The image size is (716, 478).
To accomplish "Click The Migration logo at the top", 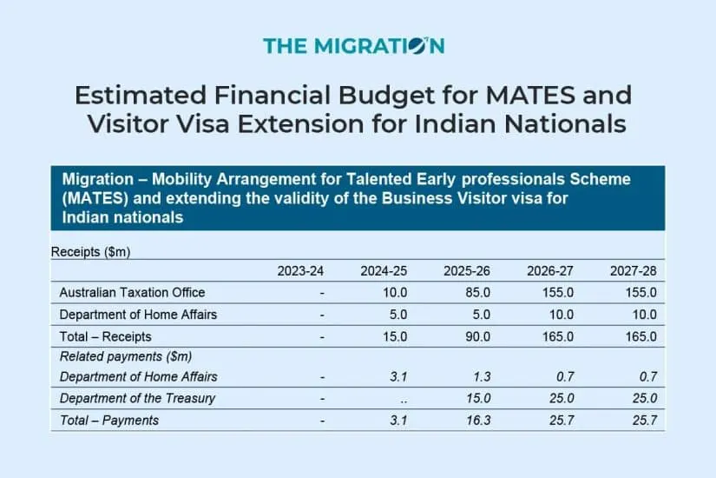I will pyautogui.click(x=353, y=45).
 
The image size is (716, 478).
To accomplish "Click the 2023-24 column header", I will pyautogui.click(x=300, y=271).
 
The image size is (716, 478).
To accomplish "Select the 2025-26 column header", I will pyautogui.click(x=469, y=271).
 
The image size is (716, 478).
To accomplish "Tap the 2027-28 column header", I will pyautogui.click(x=634, y=271).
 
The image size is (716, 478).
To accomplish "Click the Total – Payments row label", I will pyautogui.click(x=109, y=421).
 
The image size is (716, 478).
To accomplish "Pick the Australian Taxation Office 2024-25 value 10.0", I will pyautogui.click(x=395, y=292).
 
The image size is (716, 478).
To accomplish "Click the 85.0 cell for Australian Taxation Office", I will pyautogui.click(x=478, y=292).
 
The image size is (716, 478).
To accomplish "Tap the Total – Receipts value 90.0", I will pyautogui.click(x=478, y=335).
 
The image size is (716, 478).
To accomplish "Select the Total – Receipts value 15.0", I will pyautogui.click(x=395, y=335).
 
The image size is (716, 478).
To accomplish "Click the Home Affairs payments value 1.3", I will pyautogui.click(x=482, y=377).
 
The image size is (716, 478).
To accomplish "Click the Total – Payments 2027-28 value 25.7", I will pyautogui.click(x=644, y=421).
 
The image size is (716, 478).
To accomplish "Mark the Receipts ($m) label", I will pyautogui.click(x=91, y=252).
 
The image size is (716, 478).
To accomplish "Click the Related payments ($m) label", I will pyautogui.click(x=126, y=356).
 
